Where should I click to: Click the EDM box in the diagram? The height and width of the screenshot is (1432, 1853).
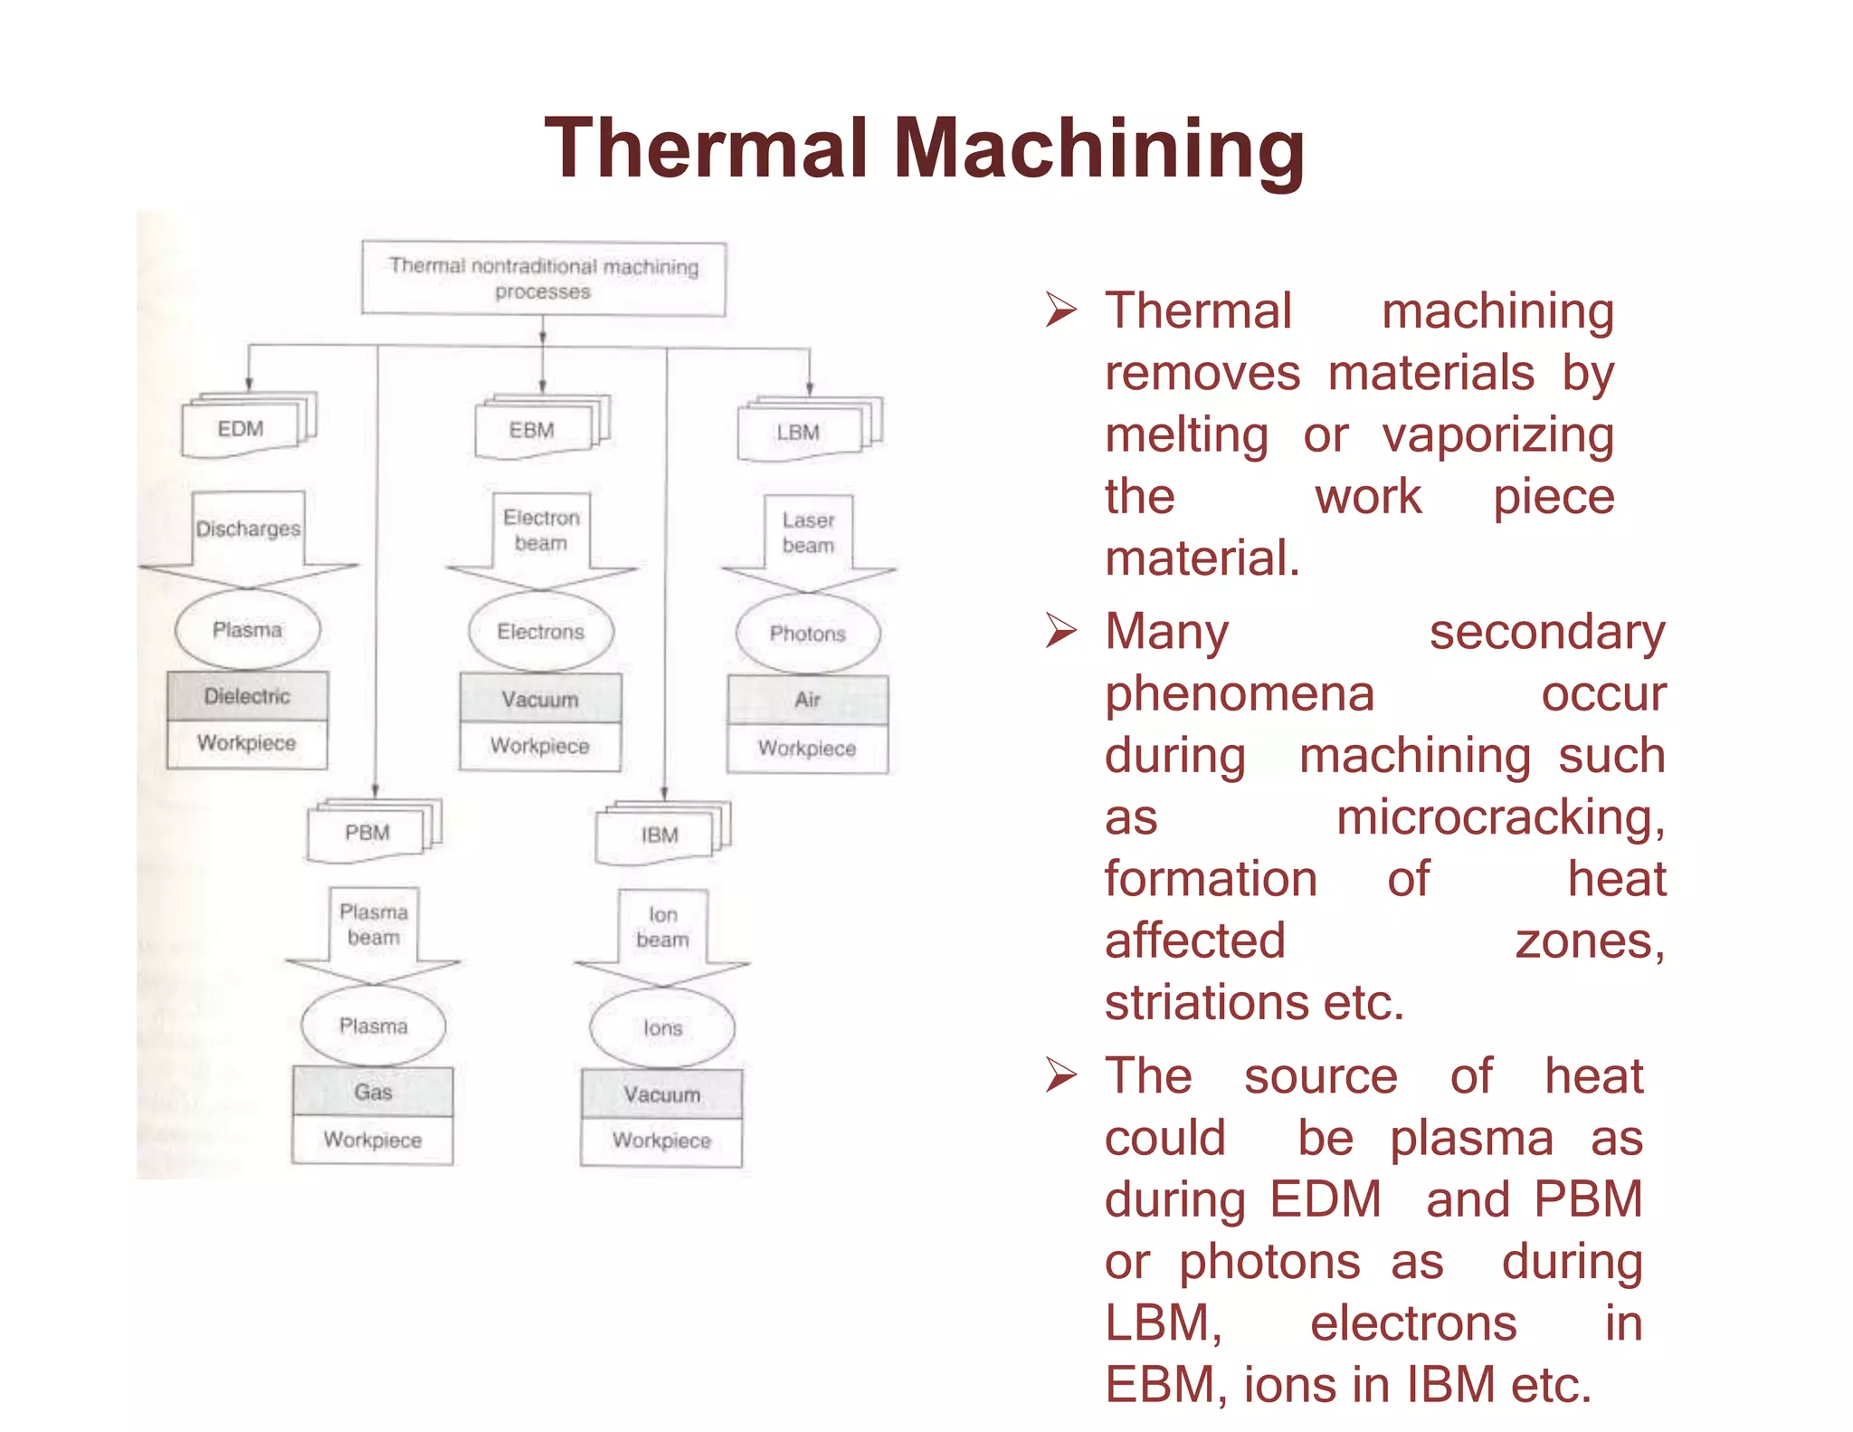click(x=241, y=429)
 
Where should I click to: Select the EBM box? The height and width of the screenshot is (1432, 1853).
click(x=532, y=431)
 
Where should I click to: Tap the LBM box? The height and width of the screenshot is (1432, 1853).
click(x=798, y=433)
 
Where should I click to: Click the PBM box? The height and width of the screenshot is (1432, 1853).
click(x=366, y=833)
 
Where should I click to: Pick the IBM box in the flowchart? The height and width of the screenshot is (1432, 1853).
click(x=660, y=835)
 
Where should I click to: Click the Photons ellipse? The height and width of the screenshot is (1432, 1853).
click(x=808, y=634)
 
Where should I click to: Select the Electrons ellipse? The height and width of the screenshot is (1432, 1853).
click(x=541, y=632)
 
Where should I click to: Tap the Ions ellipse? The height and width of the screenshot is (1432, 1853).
click(x=662, y=1028)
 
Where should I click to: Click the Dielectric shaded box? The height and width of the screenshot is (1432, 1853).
click(x=247, y=696)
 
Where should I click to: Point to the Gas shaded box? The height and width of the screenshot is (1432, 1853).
click(x=373, y=1092)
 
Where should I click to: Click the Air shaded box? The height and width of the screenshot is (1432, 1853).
click(x=808, y=700)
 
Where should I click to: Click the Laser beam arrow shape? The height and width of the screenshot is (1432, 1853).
click(x=808, y=539)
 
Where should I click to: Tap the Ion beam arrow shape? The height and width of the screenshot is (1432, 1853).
click(x=662, y=932)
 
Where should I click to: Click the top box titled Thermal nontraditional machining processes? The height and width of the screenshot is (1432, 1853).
click(x=543, y=278)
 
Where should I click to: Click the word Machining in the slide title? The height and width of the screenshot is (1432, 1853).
click(x=1098, y=149)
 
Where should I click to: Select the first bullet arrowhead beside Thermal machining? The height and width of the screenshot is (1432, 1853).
click(x=1060, y=310)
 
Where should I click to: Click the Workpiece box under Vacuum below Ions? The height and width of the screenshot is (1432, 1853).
click(x=661, y=1141)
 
